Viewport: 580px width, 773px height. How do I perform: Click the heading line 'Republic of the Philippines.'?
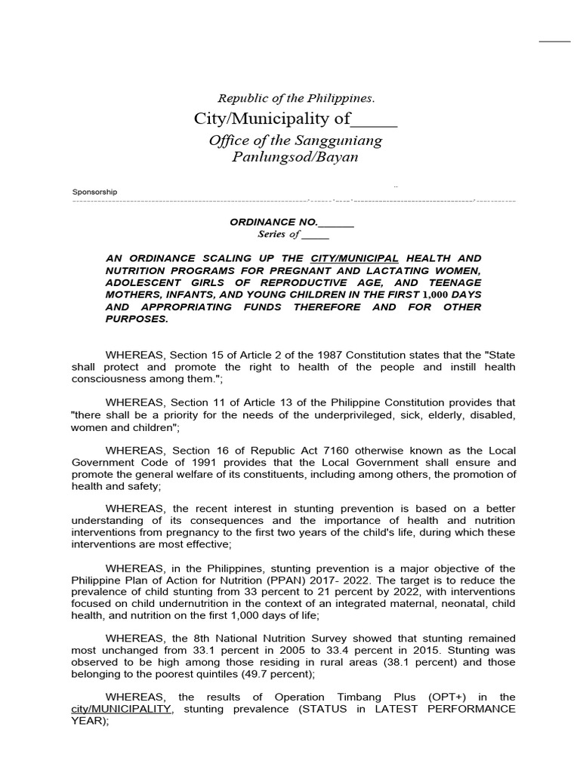pyautogui.click(x=296, y=98)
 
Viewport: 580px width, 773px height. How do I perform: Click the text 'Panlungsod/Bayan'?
pyautogui.click(x=295, y=157)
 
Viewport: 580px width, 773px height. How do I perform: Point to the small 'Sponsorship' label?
pyautogui.click(x=94, y=192)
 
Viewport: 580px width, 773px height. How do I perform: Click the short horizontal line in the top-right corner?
pyautogui.click(x=554, y=41)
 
